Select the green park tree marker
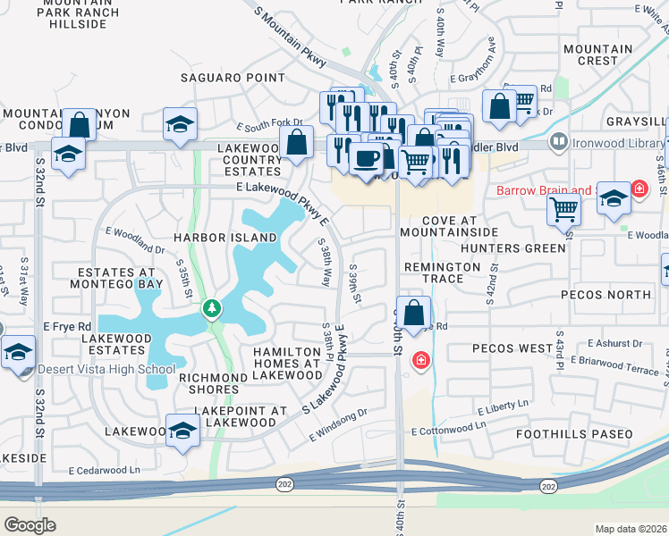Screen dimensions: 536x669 [x=212, y=309]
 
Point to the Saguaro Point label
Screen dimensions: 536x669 [x=233, y=78]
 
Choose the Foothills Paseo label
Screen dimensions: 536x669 [x=574, y=434]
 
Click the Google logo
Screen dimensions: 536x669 [x=30, y=525]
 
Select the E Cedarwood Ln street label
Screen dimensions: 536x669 [x=105, y=470]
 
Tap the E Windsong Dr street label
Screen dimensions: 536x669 [x=339, y=424]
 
